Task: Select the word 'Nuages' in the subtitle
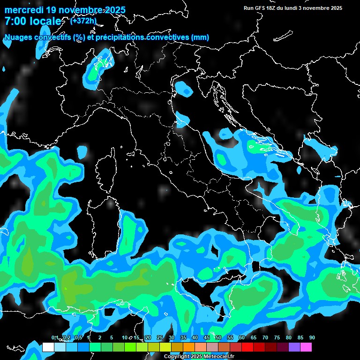(18, 37)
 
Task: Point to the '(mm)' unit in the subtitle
(200, 37)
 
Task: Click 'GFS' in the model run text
(262, 8)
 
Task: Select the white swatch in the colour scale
(48, 347)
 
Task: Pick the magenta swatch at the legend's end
(306, 347)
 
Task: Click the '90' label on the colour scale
(312, 338)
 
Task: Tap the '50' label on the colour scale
(218, 338)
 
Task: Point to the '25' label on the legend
(160, 338)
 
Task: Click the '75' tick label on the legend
(277, 338)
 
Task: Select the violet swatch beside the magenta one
(294, 347)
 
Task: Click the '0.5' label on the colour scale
(78, 338)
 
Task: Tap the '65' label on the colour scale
(254, 338)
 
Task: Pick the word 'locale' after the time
(45, 22)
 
